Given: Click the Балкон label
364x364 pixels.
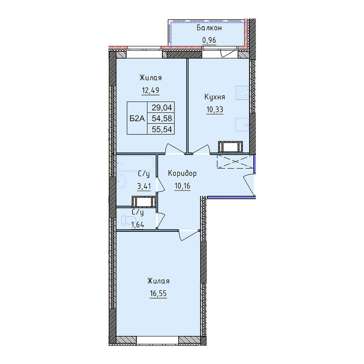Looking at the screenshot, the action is coord(209,28).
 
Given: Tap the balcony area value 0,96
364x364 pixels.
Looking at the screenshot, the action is coord(209,40).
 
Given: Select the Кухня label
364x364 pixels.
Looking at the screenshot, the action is coord(215,97).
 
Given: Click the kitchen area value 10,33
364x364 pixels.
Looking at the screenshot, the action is coord(215,109).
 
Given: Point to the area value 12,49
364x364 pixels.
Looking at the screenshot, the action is coord(151,90).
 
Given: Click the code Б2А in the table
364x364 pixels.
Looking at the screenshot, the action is coord(137,119).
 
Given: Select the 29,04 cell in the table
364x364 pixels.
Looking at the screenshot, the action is coord(162,108).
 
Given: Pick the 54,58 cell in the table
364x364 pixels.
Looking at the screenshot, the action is coord(162,119).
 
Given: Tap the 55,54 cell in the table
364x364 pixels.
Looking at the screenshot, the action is coord(162,129).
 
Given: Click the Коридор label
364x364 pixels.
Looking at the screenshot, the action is coord(182,173).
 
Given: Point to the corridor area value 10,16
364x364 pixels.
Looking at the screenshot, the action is coord(182,186).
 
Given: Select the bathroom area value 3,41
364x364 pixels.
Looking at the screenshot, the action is coord(144,186).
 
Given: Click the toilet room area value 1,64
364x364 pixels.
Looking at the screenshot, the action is coord(138,225).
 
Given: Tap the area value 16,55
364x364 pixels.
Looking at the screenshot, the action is coord(158,294).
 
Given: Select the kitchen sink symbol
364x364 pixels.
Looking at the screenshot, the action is coord(242,124).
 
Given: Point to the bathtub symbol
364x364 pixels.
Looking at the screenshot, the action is coord(136,163).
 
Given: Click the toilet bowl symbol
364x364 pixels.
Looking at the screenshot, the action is coord(127,220).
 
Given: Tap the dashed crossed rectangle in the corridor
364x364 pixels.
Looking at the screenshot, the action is coord(235,161).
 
